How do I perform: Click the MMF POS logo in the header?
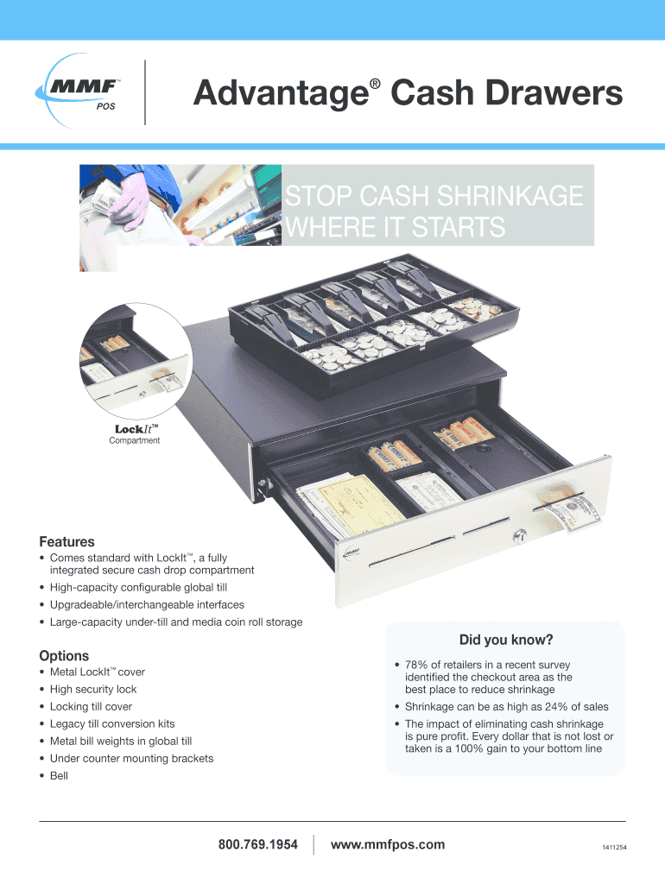(79, 92)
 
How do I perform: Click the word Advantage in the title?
(281, 93)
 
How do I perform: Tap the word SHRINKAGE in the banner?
(510, 196)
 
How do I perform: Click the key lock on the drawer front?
(520, 536)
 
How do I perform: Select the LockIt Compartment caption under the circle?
(136, 434)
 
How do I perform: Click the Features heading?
(66, 542)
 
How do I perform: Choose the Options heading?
(64, 656)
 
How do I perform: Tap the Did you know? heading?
(506, 640)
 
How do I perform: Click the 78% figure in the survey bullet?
(417, 665)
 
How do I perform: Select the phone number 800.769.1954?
(257, 844)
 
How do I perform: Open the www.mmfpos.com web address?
(388, 844)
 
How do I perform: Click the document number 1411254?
(614, 848)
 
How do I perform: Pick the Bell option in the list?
(59, 776)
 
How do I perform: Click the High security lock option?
(93, 689)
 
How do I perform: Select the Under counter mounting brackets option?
(131, 758)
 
